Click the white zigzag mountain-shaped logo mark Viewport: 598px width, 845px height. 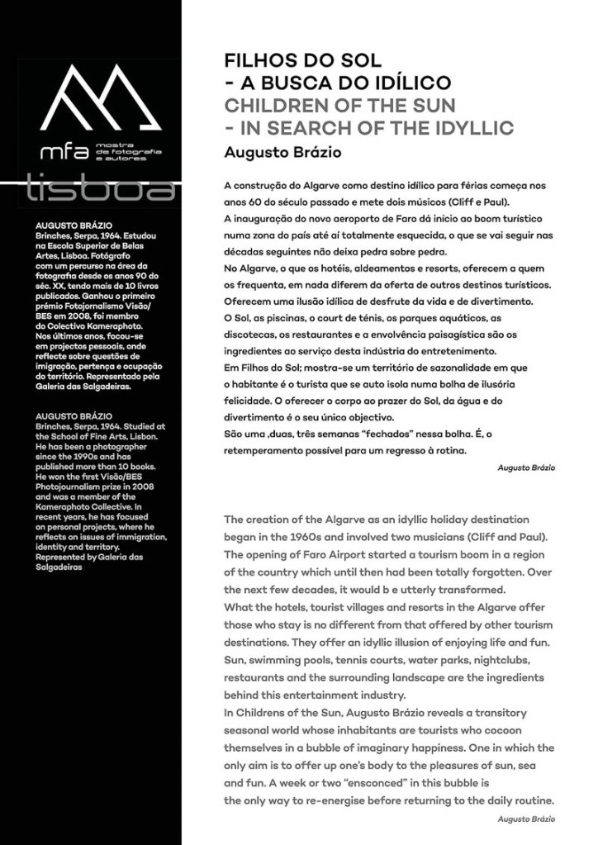coord(99,99)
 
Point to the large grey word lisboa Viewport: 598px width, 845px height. coord(100,188)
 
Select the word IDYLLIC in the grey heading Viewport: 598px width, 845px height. coord(470,128)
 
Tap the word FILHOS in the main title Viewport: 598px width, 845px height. coord(256,61)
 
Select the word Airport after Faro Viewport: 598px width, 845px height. coord(344,555)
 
